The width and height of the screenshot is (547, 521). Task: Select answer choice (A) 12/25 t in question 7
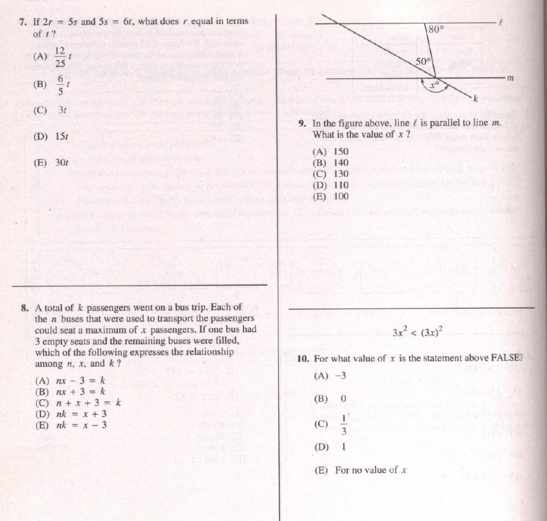point(60,57)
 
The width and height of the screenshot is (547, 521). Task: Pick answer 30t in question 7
point(61,163)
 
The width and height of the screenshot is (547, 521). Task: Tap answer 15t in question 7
point(61,136)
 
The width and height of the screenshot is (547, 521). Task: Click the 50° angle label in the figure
point(423,61)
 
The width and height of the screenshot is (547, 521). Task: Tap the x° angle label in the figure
point(435,86)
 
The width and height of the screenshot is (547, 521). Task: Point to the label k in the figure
point(475,99)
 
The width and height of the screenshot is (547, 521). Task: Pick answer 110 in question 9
point(340,185)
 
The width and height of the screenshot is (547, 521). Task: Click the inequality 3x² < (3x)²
point(417,332)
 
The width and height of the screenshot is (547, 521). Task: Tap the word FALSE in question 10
point(506,358)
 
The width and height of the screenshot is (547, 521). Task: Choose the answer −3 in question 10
point(340,376)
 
